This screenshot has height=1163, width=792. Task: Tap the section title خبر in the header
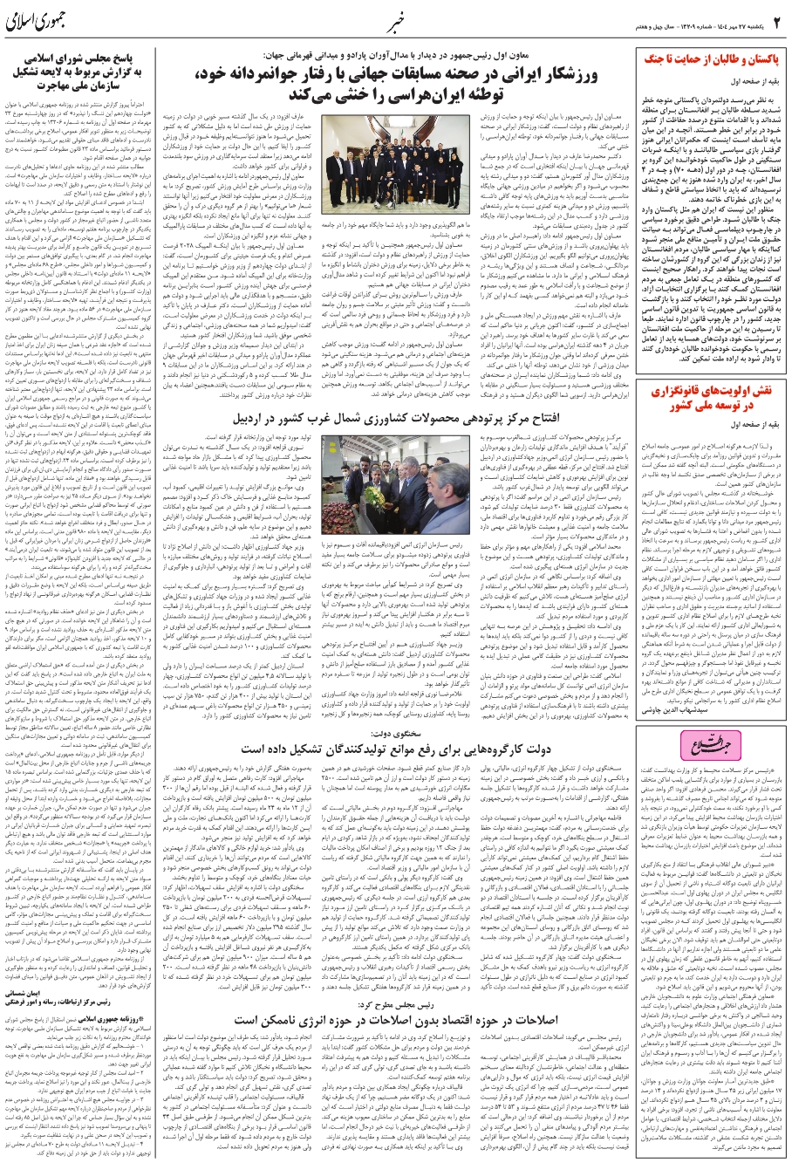coord(396,19)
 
